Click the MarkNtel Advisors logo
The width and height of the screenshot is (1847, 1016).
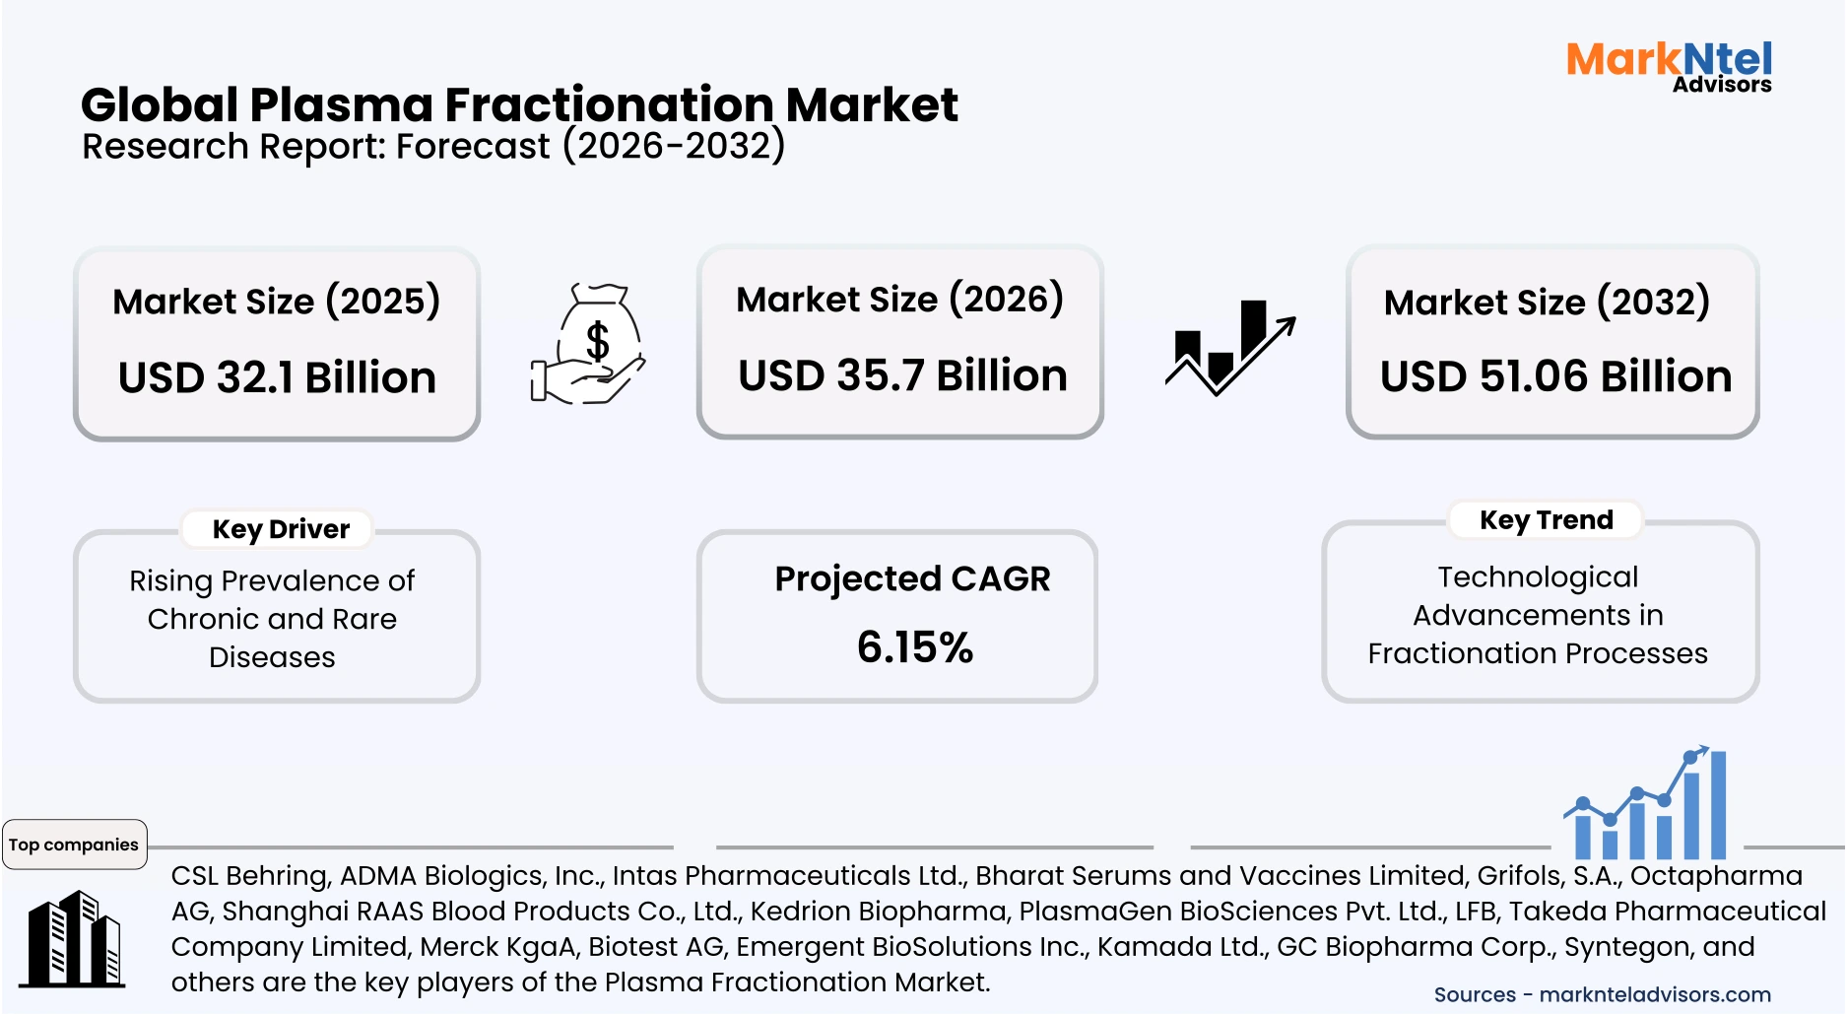coord(1669,66)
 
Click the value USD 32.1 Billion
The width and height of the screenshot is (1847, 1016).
coord(277,377)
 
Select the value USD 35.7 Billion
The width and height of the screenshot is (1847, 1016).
coord(902,375)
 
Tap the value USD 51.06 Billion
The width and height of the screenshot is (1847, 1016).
coord(1555,376)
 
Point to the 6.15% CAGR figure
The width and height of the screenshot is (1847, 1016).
coord(914,647)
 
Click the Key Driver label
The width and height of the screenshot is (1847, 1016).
coord(281,529)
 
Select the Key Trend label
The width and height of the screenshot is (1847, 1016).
coord(1546,519)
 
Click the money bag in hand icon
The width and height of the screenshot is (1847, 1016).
coord(588,344)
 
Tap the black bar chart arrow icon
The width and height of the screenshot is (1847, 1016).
coord(1229,347)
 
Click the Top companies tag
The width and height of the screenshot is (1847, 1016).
coord(74,845)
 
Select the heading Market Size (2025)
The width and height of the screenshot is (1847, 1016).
coord(276,301)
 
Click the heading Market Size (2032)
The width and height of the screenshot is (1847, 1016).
coord(1547,302)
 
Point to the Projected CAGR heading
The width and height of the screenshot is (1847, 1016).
coord(912,578)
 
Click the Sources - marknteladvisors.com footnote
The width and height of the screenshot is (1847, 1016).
coord(1602,994)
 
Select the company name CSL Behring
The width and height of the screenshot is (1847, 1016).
coord(250,875)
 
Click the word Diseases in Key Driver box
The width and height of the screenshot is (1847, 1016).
coord(272,657)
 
